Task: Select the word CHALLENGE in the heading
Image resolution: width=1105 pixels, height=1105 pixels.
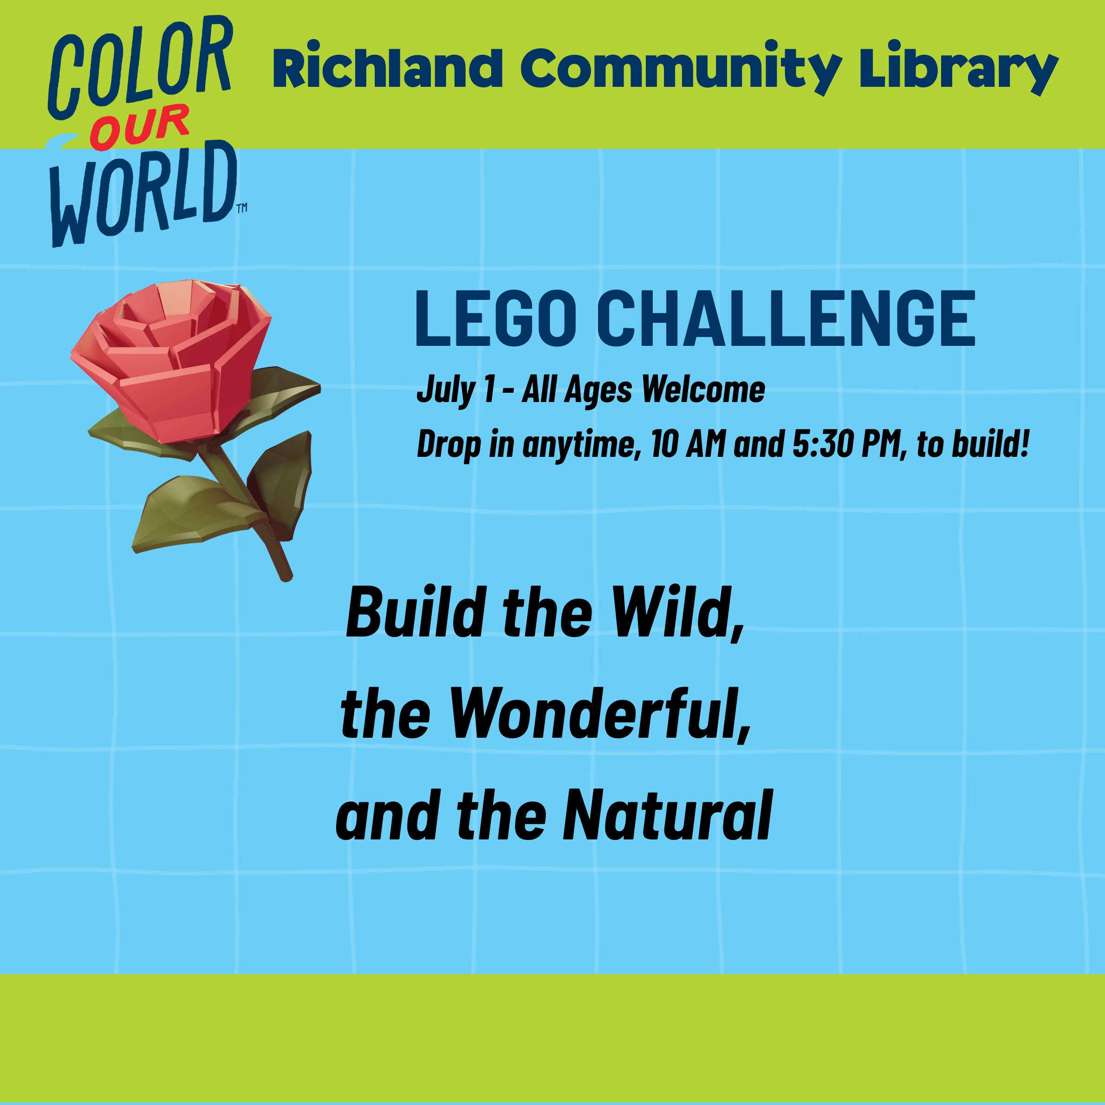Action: pos(786,318)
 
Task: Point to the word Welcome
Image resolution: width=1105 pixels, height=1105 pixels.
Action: pos(703,390)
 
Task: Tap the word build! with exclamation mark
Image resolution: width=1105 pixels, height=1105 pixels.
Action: pos(990,443)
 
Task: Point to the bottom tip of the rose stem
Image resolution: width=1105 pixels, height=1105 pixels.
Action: pos(286,580)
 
